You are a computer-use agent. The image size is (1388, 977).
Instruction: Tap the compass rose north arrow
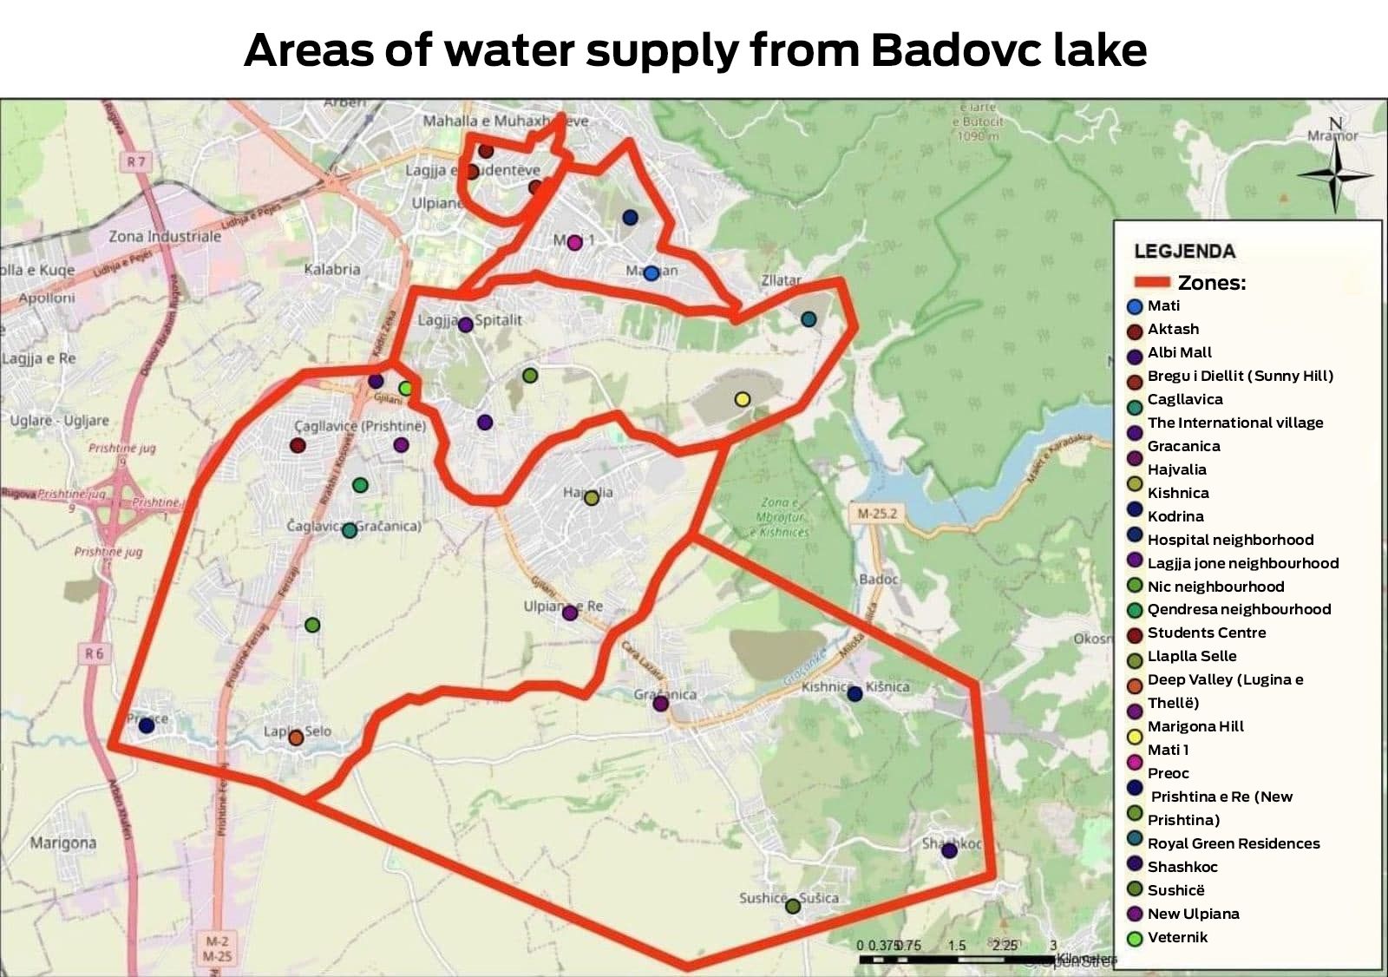coord(1335,174)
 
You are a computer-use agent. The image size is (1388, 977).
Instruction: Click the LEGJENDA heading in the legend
coord(1184,252)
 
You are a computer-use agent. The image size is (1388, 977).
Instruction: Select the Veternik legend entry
coord(1177,937)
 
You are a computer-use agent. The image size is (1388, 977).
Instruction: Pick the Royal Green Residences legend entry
coord(1233,843)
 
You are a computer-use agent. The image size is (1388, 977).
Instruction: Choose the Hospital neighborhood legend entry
coord(1230,540)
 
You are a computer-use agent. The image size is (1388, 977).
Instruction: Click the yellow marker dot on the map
coord(742,399)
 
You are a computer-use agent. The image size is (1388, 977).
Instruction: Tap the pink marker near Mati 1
coord(574,242)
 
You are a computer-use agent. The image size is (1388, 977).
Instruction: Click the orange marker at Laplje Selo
coord(296,738)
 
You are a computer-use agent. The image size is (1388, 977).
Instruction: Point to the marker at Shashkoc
coord(949,850)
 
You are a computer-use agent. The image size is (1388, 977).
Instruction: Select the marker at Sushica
coord(792,906)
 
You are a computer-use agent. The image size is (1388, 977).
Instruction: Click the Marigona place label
coord(63,843)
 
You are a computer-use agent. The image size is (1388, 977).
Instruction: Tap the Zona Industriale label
coord(165,236)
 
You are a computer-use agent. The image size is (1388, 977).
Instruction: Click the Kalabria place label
coord(332,269)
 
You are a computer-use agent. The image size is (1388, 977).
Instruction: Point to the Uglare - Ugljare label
coord(60,421)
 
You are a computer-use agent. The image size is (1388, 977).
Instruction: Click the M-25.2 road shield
coord(877,514)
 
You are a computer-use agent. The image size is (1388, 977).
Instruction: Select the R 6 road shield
coord(95,653)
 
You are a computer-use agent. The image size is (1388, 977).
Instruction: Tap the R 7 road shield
coord(136,161)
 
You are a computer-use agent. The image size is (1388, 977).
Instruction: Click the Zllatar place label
coord(781,280)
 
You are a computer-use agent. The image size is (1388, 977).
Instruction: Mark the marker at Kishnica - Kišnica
coord(854,693)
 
